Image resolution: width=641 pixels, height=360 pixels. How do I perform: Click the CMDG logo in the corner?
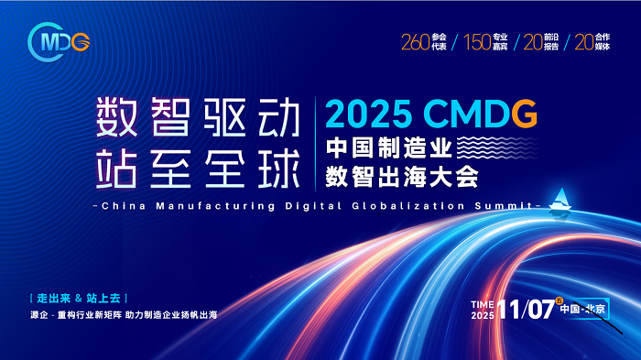59,42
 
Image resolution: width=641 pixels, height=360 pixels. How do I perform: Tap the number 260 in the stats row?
416,42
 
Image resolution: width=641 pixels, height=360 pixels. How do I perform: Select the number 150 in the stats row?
477,42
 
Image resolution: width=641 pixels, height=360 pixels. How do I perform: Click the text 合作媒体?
603,42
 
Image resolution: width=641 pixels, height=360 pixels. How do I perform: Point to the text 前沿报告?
551,42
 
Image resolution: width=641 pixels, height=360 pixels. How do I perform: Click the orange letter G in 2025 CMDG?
524,113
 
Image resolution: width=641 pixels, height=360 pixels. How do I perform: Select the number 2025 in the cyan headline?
368,114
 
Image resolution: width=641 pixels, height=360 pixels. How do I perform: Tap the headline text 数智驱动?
199,116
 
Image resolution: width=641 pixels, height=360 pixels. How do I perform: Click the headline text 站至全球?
199,169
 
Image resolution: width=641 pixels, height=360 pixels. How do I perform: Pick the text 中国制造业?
389,147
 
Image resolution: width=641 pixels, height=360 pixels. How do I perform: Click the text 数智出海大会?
402,177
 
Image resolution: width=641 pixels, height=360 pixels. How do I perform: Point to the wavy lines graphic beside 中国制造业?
496,147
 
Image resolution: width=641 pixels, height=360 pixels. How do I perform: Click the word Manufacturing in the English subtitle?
215,206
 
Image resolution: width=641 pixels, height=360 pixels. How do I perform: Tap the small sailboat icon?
560,200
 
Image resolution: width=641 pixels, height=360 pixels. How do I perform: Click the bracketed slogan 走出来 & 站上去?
79,299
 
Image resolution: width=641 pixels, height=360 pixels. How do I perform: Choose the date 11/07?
527,310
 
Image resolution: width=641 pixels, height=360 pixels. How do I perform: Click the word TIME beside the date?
483,304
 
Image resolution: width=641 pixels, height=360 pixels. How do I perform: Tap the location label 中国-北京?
582,309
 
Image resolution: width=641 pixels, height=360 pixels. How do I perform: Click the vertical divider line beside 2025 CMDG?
316,144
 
